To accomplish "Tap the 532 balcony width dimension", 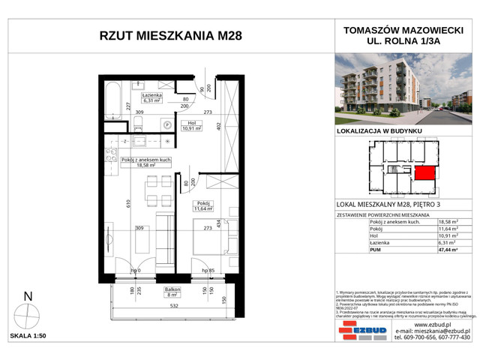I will coord(172,305).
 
